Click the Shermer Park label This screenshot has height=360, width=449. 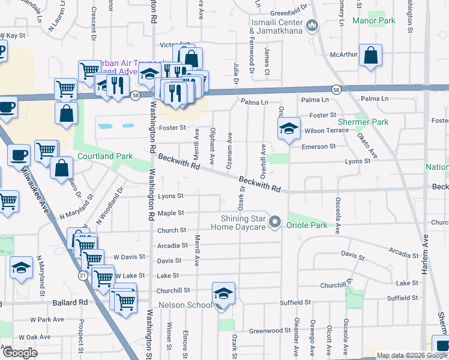[x=363, y=122]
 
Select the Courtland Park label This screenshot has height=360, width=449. [x=105, y=157]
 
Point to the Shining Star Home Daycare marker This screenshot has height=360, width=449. [x=276, y=223]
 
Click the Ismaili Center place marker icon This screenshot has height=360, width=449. [x=312, y=26]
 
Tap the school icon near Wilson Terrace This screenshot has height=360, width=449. [x=289, y=128]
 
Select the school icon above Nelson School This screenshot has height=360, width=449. [x=223, y=294]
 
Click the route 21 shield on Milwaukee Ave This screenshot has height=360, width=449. [x=83, y=274]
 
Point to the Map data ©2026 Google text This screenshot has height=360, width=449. [x=412, y=355]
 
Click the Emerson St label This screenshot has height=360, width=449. [x=318, y=146]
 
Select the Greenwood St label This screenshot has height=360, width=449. [x=270, y=331]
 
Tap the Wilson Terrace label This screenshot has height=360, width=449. [x=327, y=130]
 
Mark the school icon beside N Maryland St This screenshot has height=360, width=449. [x=21, y=268]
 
